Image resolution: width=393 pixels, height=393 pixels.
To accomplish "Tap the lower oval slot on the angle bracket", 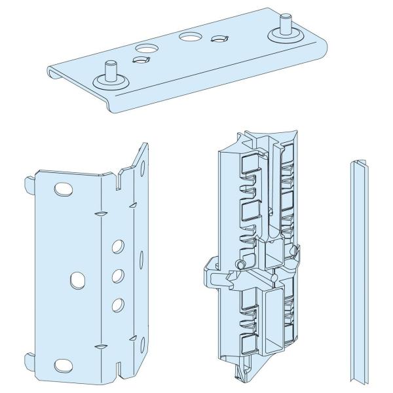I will [63, 364].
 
